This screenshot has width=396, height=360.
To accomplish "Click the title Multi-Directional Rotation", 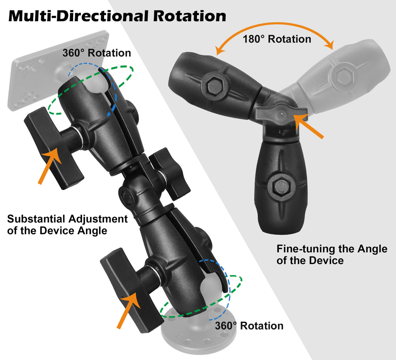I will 117,16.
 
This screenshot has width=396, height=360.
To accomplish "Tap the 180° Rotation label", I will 277,39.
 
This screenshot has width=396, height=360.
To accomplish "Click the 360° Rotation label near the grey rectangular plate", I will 97,53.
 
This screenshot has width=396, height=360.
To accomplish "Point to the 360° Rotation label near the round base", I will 249,326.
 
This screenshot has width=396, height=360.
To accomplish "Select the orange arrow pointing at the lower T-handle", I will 128,309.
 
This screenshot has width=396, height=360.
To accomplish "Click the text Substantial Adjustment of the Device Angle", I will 67,225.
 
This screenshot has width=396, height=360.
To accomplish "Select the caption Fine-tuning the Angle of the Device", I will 332,254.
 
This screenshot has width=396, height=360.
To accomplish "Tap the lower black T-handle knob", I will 130,288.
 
